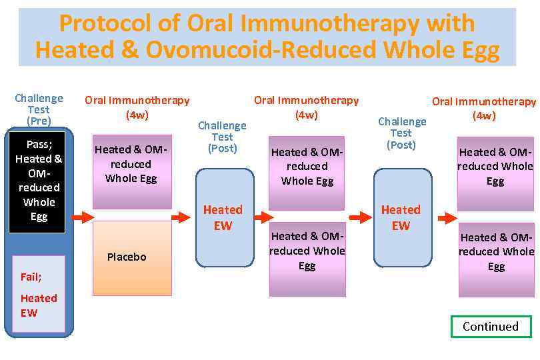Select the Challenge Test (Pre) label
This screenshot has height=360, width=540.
(39, 109)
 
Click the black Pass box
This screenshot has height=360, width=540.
(37, 180)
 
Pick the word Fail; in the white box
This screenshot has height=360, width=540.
(31, 277)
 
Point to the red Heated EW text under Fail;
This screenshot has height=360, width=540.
(38, 305)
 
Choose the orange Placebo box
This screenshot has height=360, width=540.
(132, 257)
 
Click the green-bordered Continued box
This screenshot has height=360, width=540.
(491, 327)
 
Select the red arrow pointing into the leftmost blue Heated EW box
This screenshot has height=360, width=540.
(181, 217)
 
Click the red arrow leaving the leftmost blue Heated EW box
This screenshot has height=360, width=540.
(264, 217)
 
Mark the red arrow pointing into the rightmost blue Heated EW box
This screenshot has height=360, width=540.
(361, 217)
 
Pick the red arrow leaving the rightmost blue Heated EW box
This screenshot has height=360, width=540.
(447, 218)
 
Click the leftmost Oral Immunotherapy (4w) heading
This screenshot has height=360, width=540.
(137, 107)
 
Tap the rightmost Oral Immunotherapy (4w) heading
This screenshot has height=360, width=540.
(484, 109)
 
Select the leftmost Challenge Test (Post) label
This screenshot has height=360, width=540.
(222, 137)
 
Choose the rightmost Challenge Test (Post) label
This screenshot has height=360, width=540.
(401, 133)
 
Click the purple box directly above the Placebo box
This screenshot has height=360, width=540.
(132, 165)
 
